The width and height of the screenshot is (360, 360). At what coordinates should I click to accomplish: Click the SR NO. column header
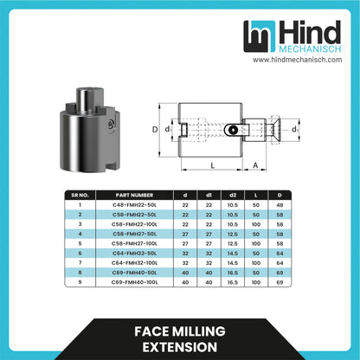tap(81, 195)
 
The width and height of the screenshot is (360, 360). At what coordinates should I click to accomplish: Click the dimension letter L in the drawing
tap(212, 164)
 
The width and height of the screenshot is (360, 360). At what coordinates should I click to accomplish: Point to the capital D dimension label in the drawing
tap(156, 130)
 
